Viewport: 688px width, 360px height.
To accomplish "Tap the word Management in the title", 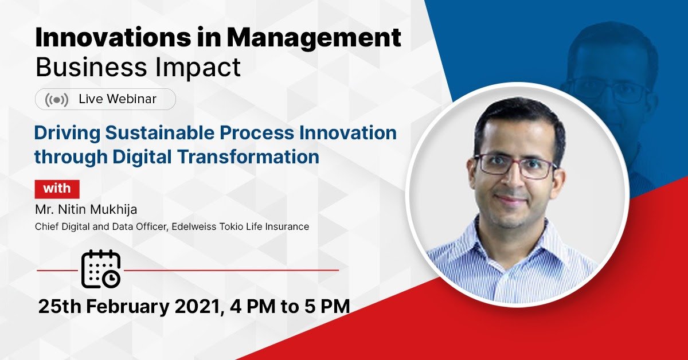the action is coord(314,39).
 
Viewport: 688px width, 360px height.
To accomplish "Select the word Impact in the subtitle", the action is coord(198,68).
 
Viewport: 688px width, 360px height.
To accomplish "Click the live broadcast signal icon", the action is coord(57,100).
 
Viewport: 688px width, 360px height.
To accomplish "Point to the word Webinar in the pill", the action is coord(132,99).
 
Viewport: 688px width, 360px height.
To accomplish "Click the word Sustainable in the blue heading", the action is coord(160,132).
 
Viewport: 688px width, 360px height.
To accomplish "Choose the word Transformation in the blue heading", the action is coord(248,156).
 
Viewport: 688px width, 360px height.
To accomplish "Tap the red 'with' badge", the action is coord(57,189).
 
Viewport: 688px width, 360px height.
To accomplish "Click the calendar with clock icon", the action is coord(101,269).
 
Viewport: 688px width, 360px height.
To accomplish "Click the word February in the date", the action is coord(128,307).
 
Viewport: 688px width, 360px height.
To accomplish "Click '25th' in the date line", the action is coord(60,307).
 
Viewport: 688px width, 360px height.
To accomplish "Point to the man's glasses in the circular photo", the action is coord(515,166).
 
